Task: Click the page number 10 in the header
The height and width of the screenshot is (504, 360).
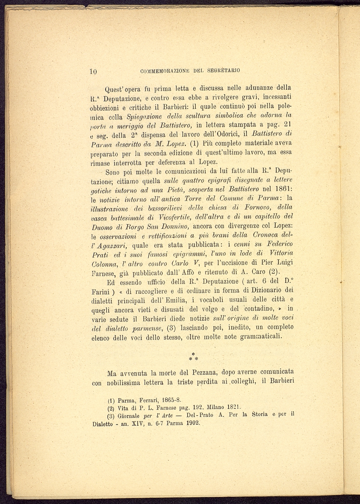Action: [93, 71]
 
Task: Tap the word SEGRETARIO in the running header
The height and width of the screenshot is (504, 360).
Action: [224, 71]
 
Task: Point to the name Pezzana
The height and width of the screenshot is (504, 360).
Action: [202, 373]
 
